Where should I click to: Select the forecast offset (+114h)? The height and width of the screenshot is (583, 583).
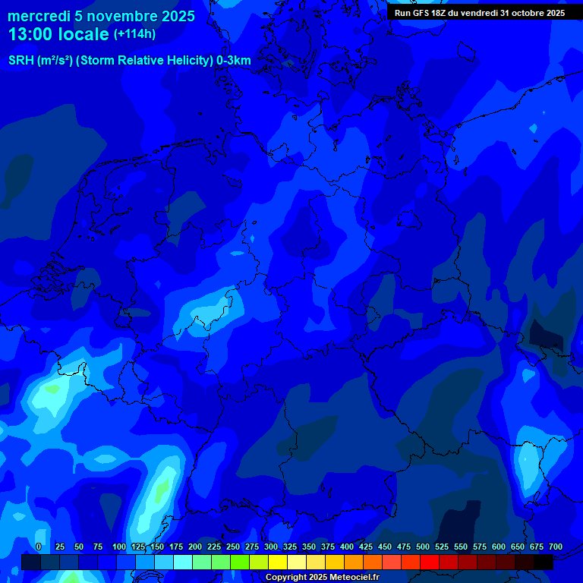[x=134, y=34]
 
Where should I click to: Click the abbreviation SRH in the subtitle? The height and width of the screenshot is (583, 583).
[x=21, y=60]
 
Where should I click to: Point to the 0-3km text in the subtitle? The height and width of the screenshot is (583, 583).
[x=233, y=60]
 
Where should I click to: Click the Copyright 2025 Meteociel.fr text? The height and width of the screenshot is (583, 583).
[x=322, y=578]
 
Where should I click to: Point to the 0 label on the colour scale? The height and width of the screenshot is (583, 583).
[x=38, y=547]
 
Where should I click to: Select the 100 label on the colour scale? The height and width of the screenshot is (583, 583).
[x=119, y=547]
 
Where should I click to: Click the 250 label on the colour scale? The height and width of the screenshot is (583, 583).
[x=233, y=547]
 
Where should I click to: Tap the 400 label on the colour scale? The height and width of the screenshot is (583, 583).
[x=347, y=547]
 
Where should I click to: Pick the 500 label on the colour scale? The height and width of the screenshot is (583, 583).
[x=423, y=547]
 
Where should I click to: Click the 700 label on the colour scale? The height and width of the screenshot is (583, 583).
[x=556, y=547]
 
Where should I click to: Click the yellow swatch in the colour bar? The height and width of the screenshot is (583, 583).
[x=278, y=563]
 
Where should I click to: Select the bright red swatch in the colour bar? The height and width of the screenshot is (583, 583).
[x=430, y=563]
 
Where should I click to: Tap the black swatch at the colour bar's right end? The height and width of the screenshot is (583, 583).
[x=544, y=563]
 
